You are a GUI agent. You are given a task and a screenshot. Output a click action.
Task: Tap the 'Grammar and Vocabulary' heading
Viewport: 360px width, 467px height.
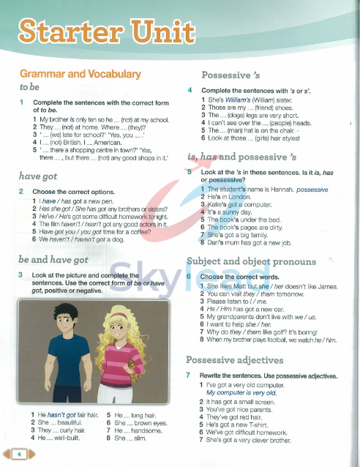[x=80, y=74]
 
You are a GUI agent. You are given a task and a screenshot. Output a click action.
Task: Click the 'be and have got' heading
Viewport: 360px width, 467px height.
[x=53, y=259]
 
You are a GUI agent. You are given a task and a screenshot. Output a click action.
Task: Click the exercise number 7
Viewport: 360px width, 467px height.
[x=189, y=376]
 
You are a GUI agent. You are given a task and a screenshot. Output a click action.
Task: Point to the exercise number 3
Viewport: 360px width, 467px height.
[x=21, y=274]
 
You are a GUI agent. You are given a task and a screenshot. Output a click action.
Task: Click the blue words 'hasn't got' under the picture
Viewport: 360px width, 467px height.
[x=61, y=415]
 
